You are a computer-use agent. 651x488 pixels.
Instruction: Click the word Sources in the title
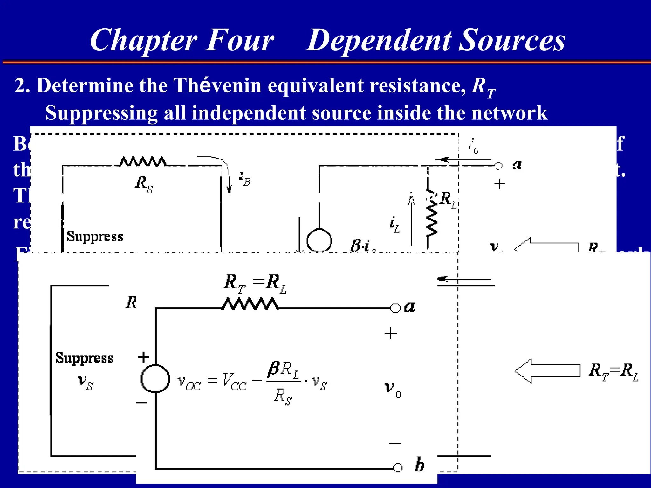(512, 41)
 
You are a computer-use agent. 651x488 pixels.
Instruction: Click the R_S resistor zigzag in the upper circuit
(142, 162)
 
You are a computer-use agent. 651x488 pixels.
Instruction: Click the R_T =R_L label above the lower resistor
(254, 283)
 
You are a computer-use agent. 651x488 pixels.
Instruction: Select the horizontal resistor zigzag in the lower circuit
(250, 304)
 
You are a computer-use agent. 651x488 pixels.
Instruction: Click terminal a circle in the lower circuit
(395, 308)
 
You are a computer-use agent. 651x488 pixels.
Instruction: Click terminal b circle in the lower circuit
(398, 468)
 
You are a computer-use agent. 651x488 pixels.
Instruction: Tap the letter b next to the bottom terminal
(419, 465)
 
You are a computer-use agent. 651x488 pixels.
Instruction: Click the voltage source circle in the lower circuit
(155, 378)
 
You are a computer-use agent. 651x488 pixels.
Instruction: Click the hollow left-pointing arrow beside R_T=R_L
(547, 371)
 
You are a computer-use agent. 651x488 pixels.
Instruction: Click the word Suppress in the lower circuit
(84, 358)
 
